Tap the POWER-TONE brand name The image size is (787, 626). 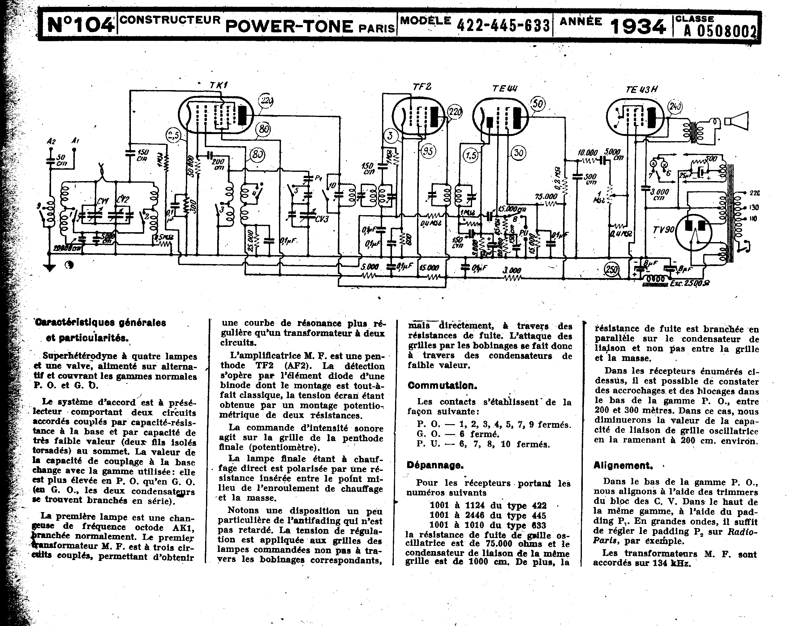289,26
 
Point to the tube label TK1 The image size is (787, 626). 218,85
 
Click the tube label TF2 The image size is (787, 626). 422,87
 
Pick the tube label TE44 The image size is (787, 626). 505,88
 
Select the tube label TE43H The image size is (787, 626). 641,89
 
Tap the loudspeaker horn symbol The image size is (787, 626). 736,121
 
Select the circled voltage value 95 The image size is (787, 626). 428,150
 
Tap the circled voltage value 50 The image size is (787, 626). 537,104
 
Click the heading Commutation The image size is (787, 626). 442,386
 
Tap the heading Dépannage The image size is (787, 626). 435,465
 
